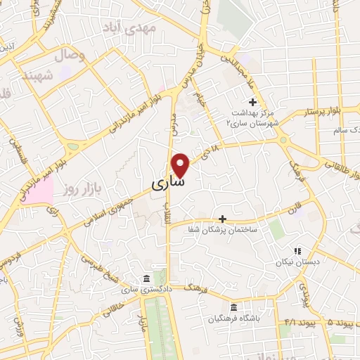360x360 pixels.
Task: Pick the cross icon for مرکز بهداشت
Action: [x=252, y=103]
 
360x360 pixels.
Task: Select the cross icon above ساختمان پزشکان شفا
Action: [x=223, y=219]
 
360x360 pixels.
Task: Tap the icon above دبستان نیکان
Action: [x=297, y=250]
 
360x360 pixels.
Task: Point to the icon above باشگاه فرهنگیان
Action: [x=233, y=307]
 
